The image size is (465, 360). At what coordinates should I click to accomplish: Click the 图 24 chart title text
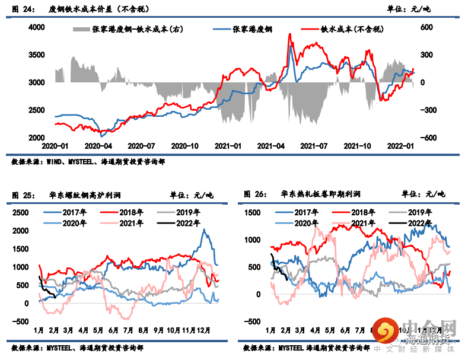(x=80, y=9)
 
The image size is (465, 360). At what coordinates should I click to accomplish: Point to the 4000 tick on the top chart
(x=37, y=27)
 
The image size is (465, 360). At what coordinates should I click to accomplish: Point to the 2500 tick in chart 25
(x=20, y=212)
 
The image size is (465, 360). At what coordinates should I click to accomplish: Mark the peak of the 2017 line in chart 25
(x=205, y=230)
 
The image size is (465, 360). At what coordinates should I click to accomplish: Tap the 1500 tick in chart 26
(x=253, y=212)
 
